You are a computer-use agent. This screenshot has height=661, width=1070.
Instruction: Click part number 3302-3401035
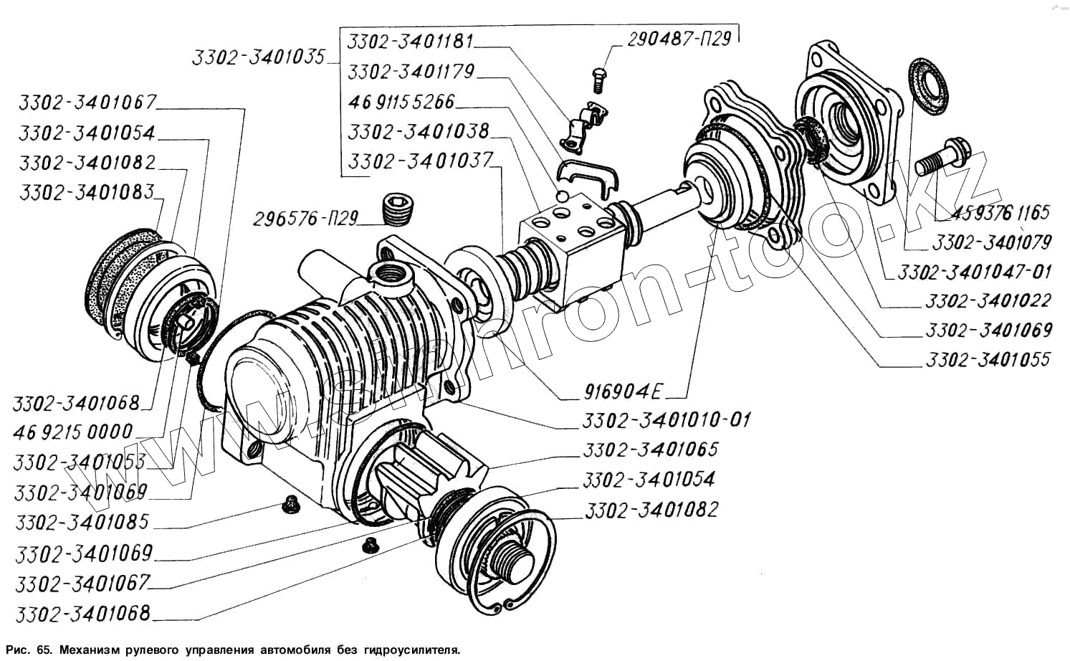tap(258, 57)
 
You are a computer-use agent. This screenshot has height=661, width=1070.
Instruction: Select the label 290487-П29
tap(679, 39)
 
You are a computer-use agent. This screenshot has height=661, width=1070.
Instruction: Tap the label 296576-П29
tap(305, 219)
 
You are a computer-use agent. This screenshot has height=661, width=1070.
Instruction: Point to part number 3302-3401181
tap(410, 42)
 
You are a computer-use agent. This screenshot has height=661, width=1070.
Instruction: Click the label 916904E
tap(624, 391)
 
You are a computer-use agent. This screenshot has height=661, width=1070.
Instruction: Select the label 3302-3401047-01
tap(974, 272)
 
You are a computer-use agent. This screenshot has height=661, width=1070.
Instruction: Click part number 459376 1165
tap(1000, 212)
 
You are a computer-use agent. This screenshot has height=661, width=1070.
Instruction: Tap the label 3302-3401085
tap(82, 522)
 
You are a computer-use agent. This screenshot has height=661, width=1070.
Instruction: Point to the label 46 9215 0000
tap(73, 432)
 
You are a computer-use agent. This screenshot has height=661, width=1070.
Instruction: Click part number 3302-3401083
tap(87, 193)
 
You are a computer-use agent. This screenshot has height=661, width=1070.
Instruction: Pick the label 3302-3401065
tap(650, 450)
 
